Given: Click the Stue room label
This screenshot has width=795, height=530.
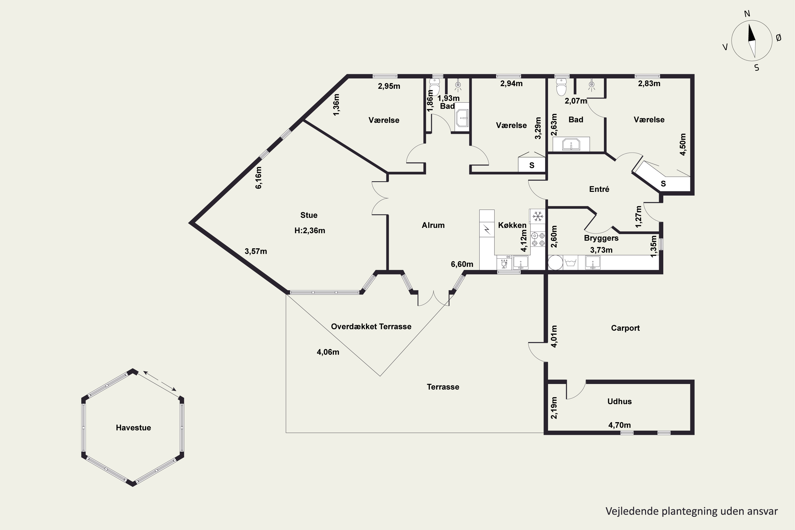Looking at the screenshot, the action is [x=309, y=215].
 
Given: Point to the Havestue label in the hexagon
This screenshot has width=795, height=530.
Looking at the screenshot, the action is [x=134, y=428].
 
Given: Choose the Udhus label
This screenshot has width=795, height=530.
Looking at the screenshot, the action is [x=620, y=401].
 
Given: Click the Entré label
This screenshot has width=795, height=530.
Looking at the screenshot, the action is [x=599, y=189].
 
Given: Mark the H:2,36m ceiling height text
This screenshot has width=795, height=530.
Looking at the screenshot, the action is [x=310, y=231].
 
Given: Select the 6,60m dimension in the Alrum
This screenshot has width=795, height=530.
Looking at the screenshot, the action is [x=462, y=264].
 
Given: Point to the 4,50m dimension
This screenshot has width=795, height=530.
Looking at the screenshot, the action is [x=683, y=144].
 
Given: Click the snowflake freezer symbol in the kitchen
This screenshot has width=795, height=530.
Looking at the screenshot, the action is [x=537, y=216].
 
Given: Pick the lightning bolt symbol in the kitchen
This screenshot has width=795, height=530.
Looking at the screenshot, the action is [x=487, y=230].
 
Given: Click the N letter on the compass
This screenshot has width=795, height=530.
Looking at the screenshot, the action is [x=747, y=14].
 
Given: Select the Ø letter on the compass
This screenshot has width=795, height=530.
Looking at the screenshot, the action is [x=779, y=38].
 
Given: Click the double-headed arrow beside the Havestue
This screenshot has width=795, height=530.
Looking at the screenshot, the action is [x=160, y=381].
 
